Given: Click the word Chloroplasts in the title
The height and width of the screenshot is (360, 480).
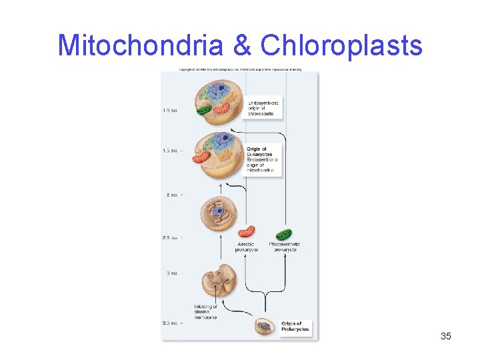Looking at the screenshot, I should click(x=341, y=45).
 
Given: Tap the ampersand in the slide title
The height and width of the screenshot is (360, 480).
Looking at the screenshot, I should click(x=243, y=45).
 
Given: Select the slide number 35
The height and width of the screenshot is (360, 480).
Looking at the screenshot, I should click(x=446, y=336).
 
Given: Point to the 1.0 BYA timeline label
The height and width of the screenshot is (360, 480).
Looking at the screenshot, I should click(x=170, y=111).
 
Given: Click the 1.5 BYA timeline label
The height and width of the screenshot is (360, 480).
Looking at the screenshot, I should click(x=170, y=151).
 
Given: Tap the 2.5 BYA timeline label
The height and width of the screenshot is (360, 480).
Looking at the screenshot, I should click(x=170, y=237).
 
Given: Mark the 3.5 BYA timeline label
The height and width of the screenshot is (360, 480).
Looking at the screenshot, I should click(x=170, y=323).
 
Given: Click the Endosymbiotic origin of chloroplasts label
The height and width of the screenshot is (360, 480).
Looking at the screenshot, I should click(x=263, y=108).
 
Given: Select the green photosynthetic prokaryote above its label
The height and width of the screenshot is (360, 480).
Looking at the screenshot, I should click(x=284, y=234).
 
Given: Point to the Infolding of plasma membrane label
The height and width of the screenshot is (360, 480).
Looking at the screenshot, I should click(x=205, y=312).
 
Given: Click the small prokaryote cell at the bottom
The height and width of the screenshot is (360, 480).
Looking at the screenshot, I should click(x=265, y=327).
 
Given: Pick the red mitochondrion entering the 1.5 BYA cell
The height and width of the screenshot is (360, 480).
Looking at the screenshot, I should click(x=201, y=157).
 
